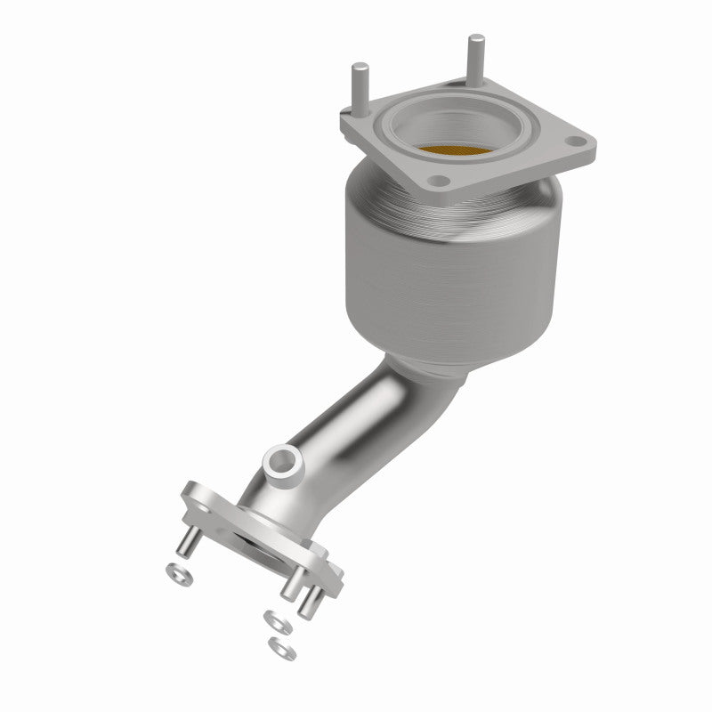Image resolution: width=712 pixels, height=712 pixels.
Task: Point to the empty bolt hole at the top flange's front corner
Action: coord(437,181)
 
